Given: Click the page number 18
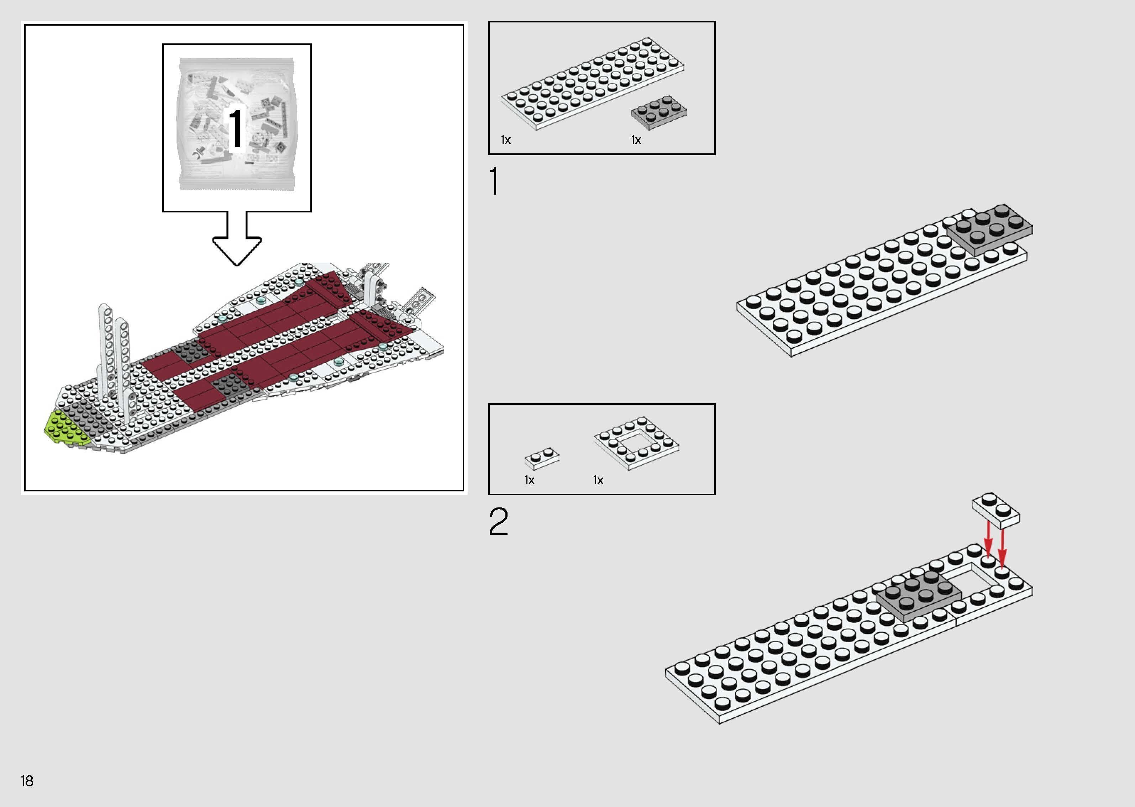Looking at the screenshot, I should (27, 781).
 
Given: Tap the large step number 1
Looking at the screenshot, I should (494, 182).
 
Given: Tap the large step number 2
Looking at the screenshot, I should (498, 522).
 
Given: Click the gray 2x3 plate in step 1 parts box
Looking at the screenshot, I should (659, 113).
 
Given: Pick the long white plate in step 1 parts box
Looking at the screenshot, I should (592, 84).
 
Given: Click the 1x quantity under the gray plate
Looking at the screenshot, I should (636, 141).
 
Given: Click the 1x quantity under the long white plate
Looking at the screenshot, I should (506, 141).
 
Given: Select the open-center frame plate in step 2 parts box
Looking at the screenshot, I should (636, 442).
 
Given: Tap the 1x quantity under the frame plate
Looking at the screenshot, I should (598, 480).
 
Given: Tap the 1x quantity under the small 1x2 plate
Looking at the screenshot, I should (529, 480).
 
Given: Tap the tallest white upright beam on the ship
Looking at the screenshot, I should (106, 348).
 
